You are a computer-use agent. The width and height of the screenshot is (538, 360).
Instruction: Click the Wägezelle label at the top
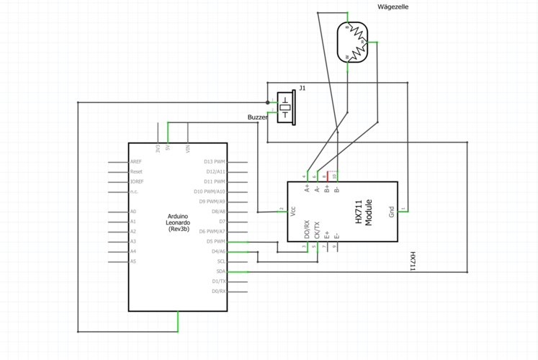pyautogui.click(x=393, y=6)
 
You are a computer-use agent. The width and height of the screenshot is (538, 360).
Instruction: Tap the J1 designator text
pyautogui.click(x=302, y=88)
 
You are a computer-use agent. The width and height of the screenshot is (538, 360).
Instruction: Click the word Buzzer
pyautogui.click(x=257, y=117)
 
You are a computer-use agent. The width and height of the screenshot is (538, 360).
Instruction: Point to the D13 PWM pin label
pyautogui.click(x=215, y=162)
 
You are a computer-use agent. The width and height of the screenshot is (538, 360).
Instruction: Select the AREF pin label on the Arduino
pyautogui.click(x=135, y=162)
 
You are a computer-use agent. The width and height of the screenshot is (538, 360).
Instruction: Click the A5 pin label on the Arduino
pyautogui.click(x=133, y=261)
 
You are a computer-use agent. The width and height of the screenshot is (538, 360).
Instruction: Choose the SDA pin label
pyautogui.click(x=222, y=271)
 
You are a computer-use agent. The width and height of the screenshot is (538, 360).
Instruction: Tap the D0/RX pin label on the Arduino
pyautogui.click(x=219, y=291)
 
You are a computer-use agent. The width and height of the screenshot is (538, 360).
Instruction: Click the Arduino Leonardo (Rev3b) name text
pyautogui.click(x=179, y=222)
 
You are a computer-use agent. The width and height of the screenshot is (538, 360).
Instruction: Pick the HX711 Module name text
pyautogui.click(x=364, y=212)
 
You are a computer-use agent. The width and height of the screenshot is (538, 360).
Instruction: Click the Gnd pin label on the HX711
pyautogui.click(x=391, y=212)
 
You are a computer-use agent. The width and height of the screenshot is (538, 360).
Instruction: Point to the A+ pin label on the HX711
pyautogui.click(x=307, y=189)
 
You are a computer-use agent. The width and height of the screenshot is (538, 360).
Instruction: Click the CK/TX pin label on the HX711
pyautogui.click(x=316, y=230)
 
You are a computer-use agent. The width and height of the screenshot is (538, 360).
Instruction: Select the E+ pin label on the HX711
pyautogui.click(x=326, y=233)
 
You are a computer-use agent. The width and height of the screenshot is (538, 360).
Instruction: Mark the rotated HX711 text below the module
pyautogui.click(x=413, y=261)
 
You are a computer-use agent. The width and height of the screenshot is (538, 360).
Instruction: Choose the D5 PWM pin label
pyautogui.click(x=216, y=242)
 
